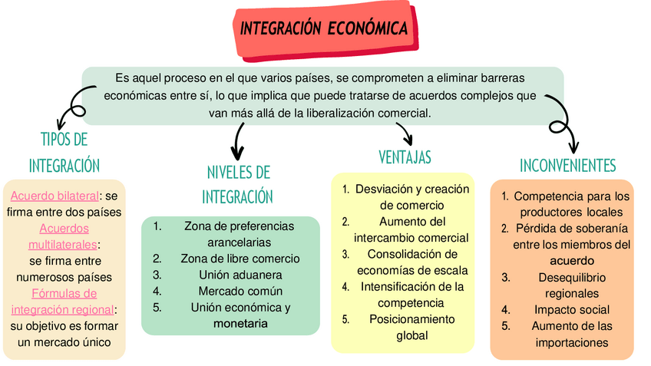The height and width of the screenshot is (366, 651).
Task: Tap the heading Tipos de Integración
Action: (64, 152)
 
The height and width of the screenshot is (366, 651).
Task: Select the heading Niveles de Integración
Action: (238, 184)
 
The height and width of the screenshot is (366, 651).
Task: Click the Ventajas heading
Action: (405, 158)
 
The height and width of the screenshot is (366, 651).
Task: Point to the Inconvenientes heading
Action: (567, 166)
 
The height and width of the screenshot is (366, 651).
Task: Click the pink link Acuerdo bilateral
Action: (55, 196)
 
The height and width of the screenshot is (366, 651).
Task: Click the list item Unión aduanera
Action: (240, 274)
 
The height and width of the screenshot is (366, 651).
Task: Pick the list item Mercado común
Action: (240, 291)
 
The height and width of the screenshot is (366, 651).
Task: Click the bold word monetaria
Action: (240, 324)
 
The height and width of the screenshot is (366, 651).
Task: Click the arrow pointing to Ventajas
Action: (403, 134)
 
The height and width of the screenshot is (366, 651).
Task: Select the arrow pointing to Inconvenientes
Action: (564, 127)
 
